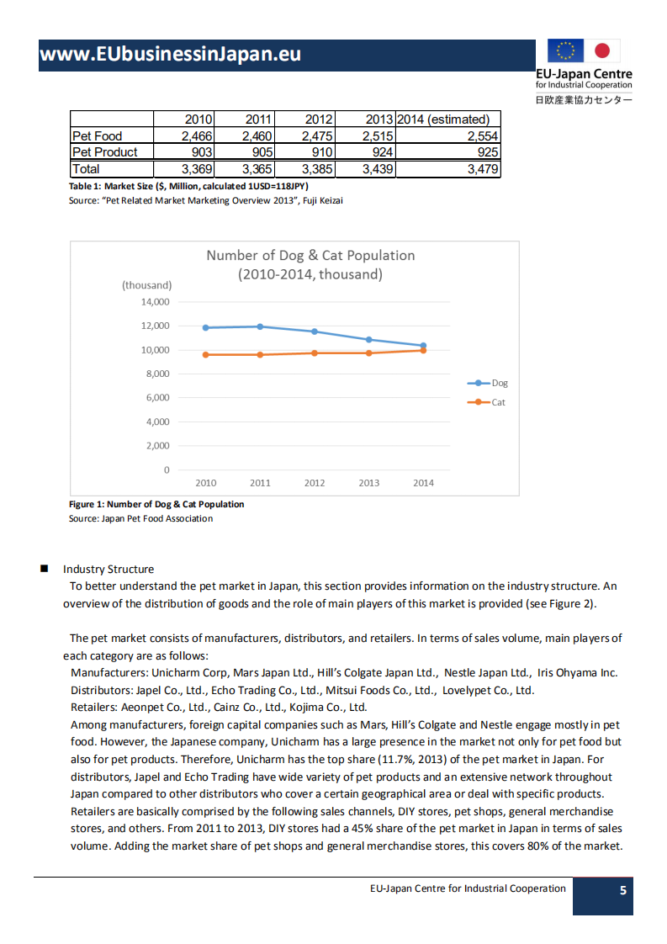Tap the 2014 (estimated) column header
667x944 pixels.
click(447, 119)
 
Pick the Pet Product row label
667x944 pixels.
click(104, 152)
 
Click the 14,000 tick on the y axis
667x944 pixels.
click(154, 301)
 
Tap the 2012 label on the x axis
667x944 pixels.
click(315, 483)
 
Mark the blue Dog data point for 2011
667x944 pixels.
click(260, 326)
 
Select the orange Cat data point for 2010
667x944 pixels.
click(206, 354)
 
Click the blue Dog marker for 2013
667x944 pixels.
click(369, 340)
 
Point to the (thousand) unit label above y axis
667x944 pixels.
click(146, 285)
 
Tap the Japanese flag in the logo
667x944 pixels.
click(602, 50)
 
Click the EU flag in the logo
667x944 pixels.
click(566, 50)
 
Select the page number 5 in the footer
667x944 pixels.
click(622, 891)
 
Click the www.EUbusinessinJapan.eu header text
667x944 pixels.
click(171, 55)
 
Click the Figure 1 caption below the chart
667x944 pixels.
click(156, 504)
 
